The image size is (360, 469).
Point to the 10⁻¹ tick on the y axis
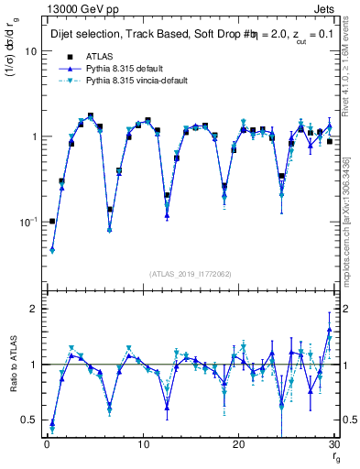pyautogui.click(x=25, y=222)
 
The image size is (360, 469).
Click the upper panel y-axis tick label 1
pyautogui.click(x=29, y=136)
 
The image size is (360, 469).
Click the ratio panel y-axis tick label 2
pyautogui.click(x=29, y=309)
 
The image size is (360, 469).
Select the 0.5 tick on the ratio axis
pyautogui.click(x=26, y=420)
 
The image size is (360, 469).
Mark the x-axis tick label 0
pyautogui.click(x=47, y=445)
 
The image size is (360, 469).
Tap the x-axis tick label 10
pyautogui.click(x=143, y=445)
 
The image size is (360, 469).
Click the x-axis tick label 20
pyautogui.click(x=240, y=445)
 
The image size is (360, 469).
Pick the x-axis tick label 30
pyautogui.click(x=335, y=445)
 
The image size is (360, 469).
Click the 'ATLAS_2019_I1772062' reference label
pyautogui.click(x=189, y=273)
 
